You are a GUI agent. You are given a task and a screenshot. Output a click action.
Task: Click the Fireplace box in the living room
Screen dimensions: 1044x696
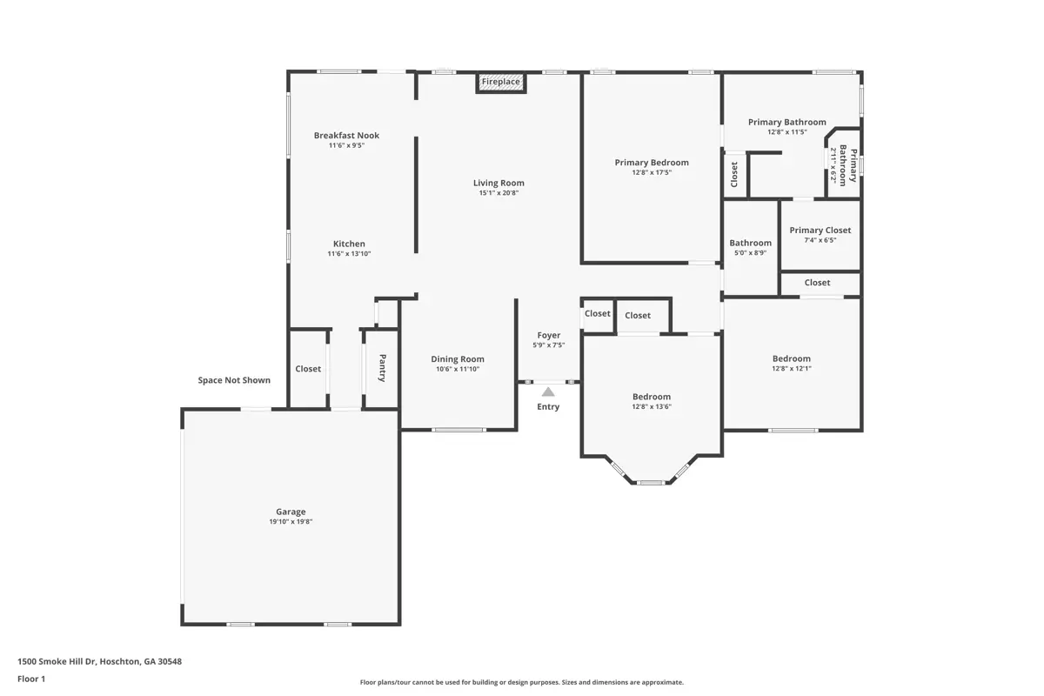pos(501,83)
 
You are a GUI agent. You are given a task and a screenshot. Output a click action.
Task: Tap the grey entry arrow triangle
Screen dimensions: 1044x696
pos(548,392)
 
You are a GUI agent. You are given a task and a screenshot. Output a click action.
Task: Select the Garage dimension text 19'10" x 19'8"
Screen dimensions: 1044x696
pos(291,522)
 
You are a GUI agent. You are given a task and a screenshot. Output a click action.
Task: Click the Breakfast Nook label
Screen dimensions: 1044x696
pos(346,135)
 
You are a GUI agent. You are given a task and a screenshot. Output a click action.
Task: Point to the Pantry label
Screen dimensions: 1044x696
pos(382,368)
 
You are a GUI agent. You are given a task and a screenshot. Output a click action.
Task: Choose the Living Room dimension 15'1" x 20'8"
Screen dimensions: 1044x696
pos(499,193)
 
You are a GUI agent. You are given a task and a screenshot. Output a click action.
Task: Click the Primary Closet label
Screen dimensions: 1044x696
pos(820,231)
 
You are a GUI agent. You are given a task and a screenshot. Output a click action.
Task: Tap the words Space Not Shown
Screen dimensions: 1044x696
pos(234,380)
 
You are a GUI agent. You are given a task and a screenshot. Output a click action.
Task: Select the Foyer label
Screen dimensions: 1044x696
pos(549,335)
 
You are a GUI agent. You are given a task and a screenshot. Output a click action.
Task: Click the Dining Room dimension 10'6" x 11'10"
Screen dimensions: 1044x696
pos(458,369)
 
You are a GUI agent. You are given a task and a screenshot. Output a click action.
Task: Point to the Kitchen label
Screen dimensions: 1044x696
pos(349,244)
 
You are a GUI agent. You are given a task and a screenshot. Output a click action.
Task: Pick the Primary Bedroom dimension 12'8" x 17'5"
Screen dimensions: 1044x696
pos(652,172)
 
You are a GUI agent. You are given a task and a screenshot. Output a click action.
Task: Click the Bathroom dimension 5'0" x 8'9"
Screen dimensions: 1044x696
pos(750,253)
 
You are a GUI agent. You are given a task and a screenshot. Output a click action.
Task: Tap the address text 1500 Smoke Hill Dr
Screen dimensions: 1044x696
pos(57,661)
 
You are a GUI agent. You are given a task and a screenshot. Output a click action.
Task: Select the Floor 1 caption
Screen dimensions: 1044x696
pos(31,679)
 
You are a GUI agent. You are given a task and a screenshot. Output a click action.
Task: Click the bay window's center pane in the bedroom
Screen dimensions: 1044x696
pos(651,483)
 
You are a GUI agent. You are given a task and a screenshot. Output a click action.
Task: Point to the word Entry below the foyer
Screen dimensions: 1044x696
pos(548,407)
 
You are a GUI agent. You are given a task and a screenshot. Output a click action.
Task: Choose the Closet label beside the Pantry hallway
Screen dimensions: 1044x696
pos(308,369)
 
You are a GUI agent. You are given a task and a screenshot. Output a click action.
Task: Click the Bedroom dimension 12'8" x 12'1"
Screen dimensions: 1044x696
pos(792,369)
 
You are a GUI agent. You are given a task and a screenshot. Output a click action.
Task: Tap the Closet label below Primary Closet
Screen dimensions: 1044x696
pos(817,283)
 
